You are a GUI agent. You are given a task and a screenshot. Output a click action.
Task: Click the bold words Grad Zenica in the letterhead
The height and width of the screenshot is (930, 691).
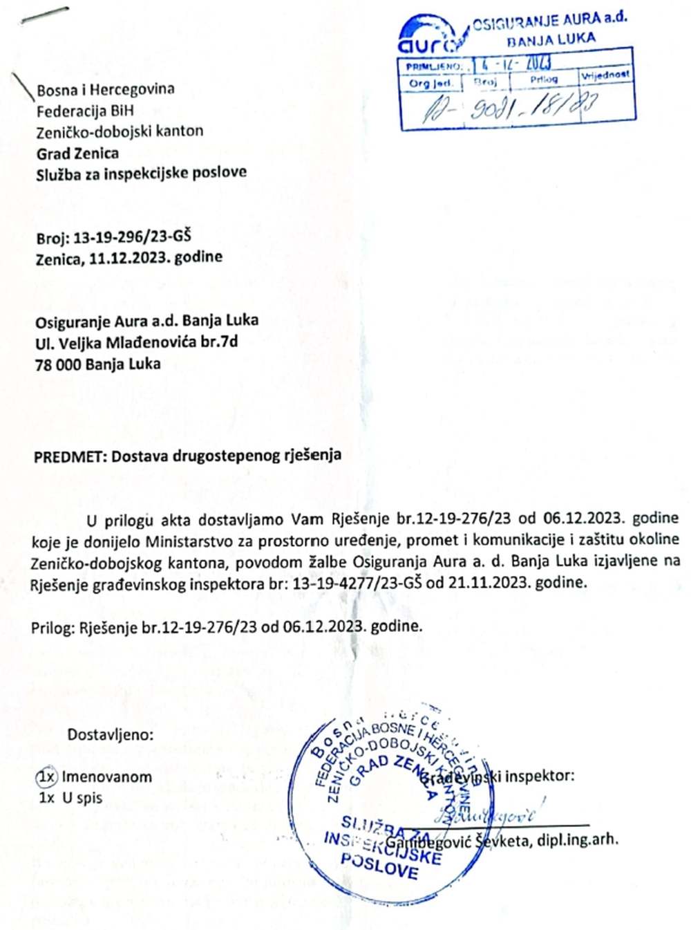(x=77, y=153)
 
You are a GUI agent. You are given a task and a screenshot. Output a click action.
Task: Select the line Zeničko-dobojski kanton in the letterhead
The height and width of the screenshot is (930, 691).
(x=120, y=131)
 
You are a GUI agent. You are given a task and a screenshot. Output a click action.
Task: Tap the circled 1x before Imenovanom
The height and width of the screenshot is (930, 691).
(x=46, y=776)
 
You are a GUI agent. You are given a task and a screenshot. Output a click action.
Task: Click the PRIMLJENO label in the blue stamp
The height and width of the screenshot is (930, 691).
(x=434, y=66)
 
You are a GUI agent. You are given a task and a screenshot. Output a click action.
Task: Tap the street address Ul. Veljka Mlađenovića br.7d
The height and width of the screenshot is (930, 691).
(x=137, y=342)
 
